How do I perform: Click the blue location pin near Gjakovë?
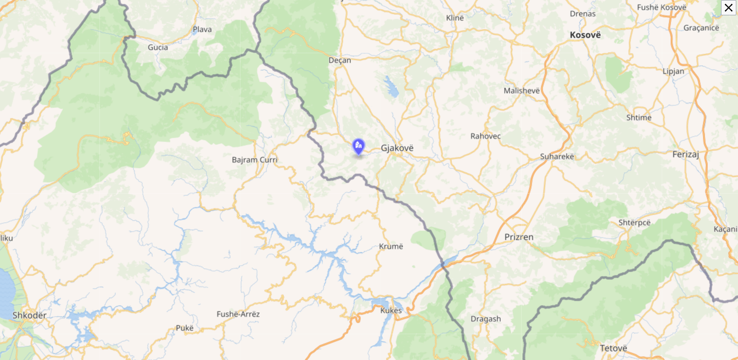358,147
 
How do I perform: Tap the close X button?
729,8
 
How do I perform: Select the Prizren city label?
519,237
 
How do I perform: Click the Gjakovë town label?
397,148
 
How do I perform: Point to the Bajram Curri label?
255,160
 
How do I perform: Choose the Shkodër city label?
30,316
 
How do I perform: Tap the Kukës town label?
391,311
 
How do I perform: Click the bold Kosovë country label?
585,35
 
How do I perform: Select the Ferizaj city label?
685,155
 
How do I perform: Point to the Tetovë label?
613,348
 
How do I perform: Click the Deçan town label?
339,60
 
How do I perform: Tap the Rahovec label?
485,136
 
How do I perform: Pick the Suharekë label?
557,156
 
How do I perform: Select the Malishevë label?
522,91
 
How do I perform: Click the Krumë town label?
391,246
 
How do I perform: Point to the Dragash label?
485,319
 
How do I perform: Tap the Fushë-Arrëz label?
238,314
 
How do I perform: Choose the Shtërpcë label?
634,222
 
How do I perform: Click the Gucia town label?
158,47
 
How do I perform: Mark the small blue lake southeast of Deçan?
392,87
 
